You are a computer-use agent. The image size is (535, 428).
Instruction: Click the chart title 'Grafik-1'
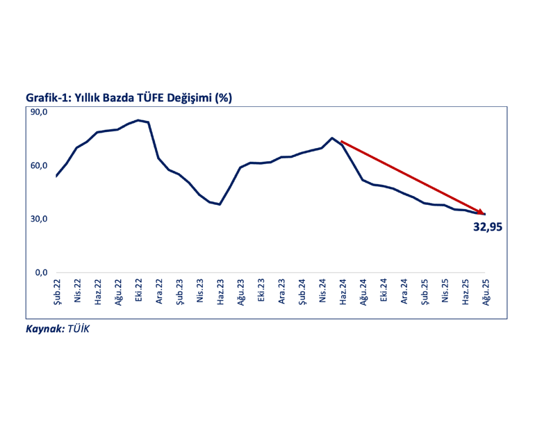pos(49,98)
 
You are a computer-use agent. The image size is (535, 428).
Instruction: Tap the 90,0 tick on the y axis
pos(38,113)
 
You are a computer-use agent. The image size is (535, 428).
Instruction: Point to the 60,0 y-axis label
pos(38,165)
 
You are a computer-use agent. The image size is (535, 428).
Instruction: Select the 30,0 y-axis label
pos(38,219)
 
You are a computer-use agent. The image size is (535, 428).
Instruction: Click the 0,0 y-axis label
pos(40,272)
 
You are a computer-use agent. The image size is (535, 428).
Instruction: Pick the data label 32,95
pos(487,227)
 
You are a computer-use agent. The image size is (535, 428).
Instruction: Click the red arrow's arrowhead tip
pos(485,213)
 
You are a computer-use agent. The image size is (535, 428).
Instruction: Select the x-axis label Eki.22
pos(139,293)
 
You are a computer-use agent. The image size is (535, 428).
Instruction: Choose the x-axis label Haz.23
pos(220,293)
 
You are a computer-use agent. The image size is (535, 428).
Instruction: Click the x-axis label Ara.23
pos(282,293)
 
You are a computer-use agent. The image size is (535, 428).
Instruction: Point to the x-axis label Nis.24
pos(322,293)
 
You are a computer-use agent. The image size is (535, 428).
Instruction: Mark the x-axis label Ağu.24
pos(363,293)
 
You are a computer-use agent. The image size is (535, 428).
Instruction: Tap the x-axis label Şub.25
pos(425,293)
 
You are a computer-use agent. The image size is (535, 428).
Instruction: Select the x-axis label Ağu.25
pos(486,293)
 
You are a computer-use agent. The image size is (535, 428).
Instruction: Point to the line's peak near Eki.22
pos(139,120)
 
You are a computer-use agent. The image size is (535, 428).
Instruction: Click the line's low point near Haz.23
pos(220,204)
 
